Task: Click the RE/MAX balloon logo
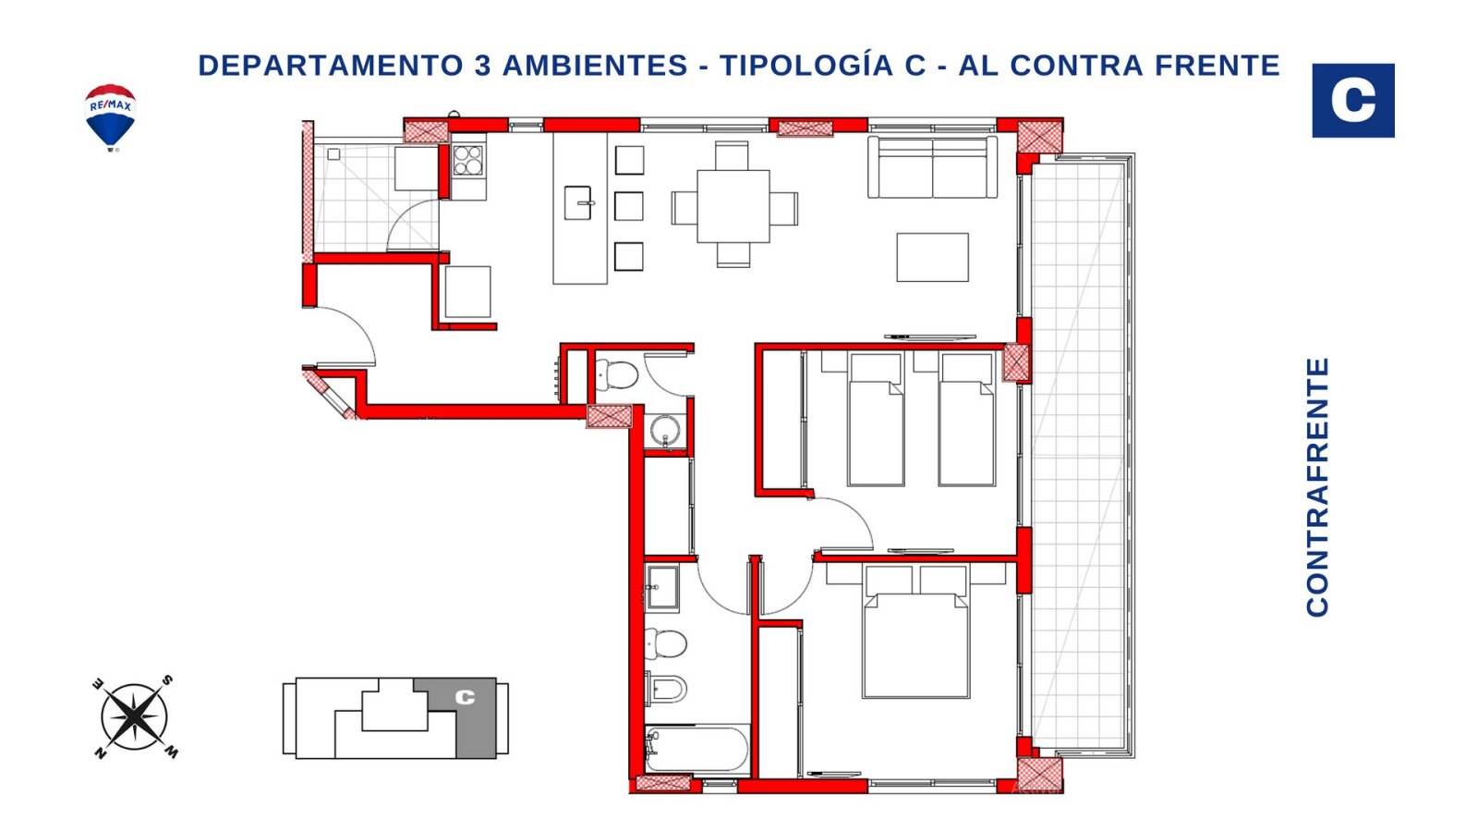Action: point(110,116)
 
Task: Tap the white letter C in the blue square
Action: point(1352,101)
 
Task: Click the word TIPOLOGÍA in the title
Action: point(823,66)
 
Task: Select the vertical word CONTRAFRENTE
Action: point(1317,487)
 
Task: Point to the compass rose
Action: point(135,717)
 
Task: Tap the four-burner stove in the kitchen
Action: point(467,161)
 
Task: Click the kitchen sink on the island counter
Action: point(578,202)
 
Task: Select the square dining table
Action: point(733,207)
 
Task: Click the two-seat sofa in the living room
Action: point(932,167)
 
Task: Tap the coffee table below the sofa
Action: point(932,257)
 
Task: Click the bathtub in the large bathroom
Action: point(697,750)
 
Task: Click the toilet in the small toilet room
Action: point(616,375)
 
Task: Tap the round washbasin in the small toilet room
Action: point(665,431)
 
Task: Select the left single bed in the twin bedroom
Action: point(876,420)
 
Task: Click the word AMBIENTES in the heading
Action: point(595,66)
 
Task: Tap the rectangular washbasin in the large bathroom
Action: point(661,587)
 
